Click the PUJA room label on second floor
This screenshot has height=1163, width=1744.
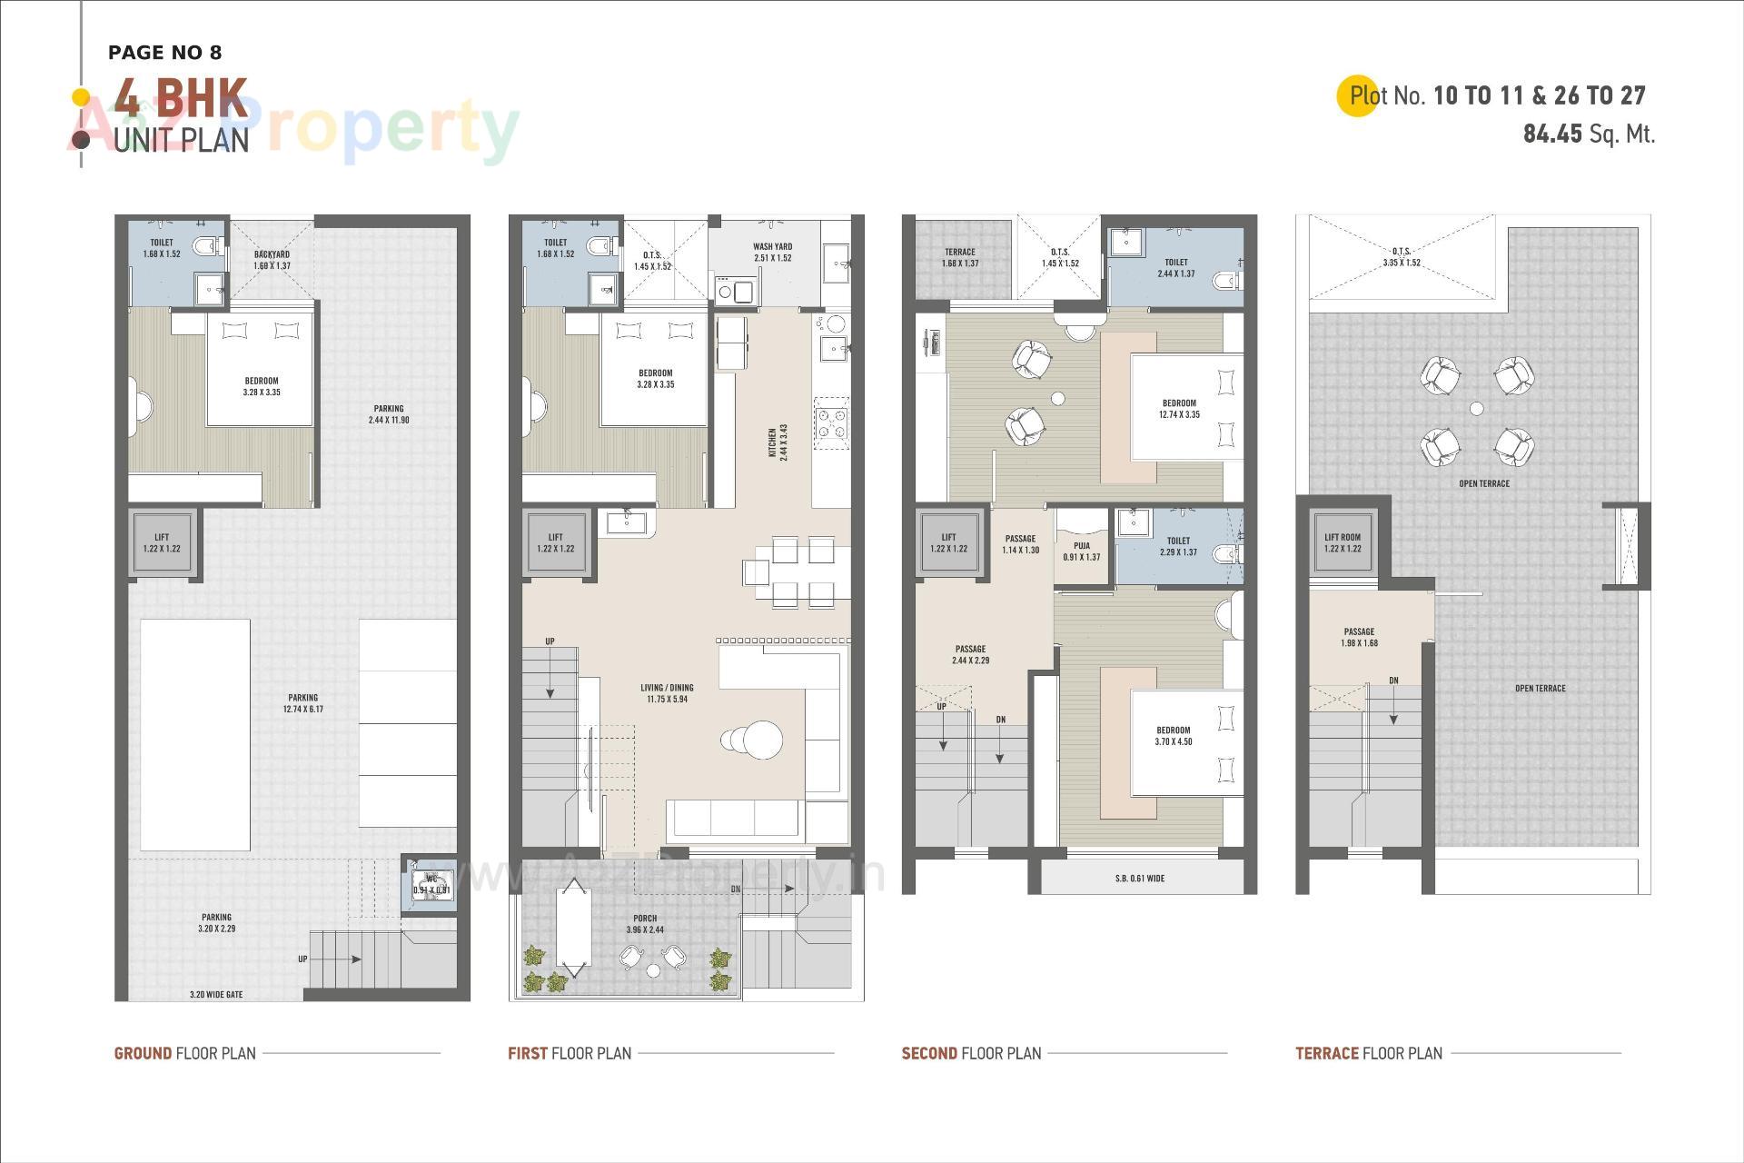1081,552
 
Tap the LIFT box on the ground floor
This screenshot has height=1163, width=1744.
162,542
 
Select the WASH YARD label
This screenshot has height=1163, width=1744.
772,252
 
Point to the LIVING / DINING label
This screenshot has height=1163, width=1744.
667,693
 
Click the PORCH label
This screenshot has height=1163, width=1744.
645,924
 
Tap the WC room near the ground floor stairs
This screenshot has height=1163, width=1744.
431,884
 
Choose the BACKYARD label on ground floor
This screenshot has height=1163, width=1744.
272,260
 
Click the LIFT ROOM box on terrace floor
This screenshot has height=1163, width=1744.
1343,542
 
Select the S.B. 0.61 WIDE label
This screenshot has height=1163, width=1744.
1140,879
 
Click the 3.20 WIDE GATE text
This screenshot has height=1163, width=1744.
216,995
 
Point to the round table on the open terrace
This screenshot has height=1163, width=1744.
1477,409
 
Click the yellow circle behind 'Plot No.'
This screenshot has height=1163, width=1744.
1358,95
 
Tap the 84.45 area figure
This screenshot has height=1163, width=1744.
1552,134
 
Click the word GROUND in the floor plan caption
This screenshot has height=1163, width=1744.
143,1054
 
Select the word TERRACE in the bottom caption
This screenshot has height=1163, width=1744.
1326,1054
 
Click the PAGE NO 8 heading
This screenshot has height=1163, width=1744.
164,53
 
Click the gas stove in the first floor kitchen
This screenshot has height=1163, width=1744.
831,423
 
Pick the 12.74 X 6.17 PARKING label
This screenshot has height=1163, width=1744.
303,703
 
